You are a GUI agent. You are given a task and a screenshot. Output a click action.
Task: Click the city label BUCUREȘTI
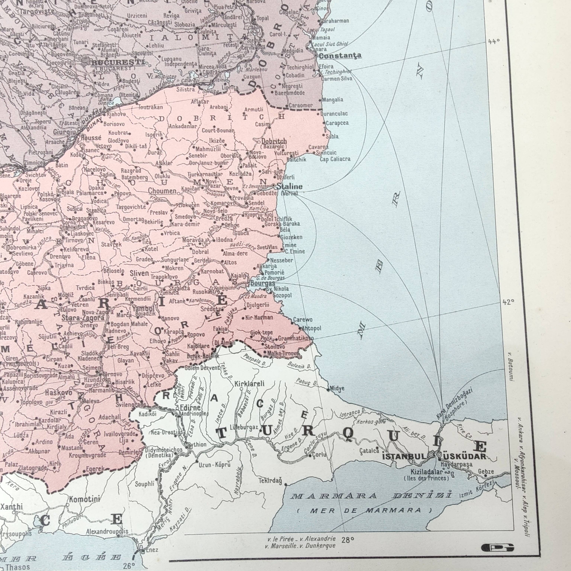coord(118,62)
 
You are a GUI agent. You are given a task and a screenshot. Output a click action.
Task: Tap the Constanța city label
coord(340,56)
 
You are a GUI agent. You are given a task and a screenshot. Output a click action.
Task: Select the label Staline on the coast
coord(289,186)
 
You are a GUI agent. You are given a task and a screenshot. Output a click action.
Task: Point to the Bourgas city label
coord(262,283)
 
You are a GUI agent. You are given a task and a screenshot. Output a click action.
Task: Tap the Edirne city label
coord(190,408)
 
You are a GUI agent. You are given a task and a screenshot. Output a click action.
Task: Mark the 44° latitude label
coord(494,42)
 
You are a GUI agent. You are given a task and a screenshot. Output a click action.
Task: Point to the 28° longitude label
coord(348,540)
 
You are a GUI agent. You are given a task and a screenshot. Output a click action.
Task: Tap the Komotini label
coord(85,499)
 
